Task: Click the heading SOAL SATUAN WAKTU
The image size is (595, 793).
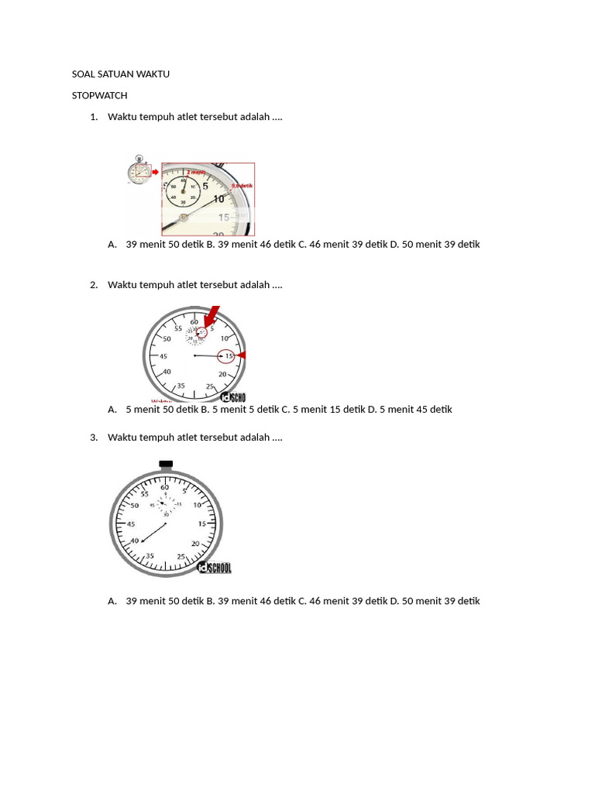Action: point(120,74)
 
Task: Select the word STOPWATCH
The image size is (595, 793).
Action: point(99,95)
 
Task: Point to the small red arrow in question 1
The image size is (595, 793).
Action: point(155,172)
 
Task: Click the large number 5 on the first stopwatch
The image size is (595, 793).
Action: point(205,186)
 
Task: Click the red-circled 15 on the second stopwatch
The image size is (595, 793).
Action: point(227,356)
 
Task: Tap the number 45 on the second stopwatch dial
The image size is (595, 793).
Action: point(163,356)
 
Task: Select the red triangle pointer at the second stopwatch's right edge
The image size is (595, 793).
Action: point(241,355)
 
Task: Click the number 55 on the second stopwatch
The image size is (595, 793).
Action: point(177,328)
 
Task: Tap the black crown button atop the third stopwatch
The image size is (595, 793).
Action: point(165,465)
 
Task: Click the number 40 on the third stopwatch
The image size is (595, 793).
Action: point(134,541)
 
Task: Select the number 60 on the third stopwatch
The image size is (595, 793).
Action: point(165,487)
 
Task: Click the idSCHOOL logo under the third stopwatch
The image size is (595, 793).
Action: point(215,568)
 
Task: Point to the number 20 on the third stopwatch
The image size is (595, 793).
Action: point(195,543)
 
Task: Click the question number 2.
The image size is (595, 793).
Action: point(93,285)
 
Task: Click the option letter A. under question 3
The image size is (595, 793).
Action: point(112,601)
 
